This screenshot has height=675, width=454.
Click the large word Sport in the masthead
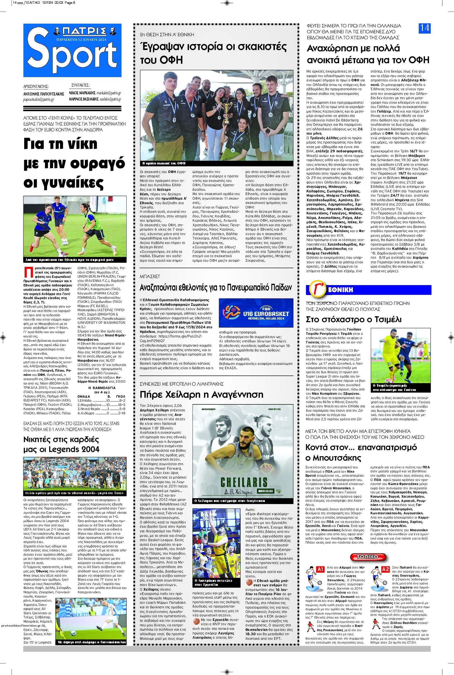(72, 53)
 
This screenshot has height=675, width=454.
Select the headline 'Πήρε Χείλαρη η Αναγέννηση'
(201, 394)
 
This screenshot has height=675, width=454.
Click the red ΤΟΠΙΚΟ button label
(368, 557)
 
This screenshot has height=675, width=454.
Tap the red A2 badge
(386, 569)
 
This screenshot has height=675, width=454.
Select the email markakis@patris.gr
(109, 93)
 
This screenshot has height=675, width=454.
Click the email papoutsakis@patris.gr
(39, 99)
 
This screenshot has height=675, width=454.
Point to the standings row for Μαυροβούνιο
(101, 405)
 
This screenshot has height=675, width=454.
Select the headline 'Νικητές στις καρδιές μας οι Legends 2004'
(61, 444)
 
